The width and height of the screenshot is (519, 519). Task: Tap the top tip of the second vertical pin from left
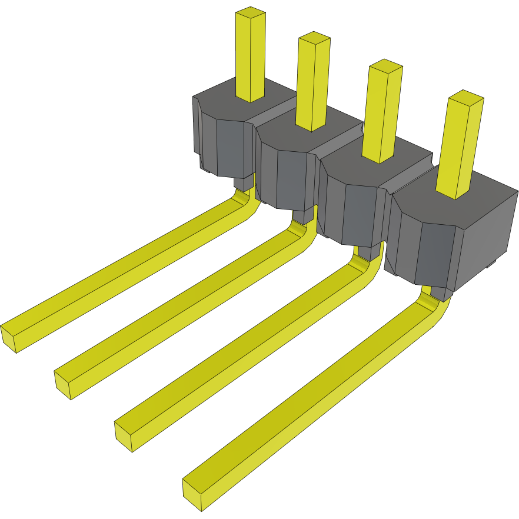pyautogui.click(x=314, y=39)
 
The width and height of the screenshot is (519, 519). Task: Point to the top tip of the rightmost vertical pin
pyautogui.click(x=465, y=97)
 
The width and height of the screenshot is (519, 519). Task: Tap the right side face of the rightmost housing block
pyautogui.click(x=488, y=235)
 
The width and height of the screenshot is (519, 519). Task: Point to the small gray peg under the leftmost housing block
pyautogui.click(x=242, y=184)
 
